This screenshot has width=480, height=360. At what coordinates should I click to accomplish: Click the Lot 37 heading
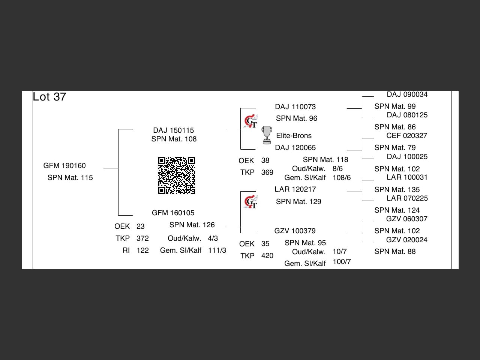(49, 97)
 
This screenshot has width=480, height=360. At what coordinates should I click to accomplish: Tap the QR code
(177, 175)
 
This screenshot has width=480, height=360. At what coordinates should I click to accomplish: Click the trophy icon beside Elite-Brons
(267, 135)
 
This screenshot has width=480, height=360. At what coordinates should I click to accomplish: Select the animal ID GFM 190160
(64, 166)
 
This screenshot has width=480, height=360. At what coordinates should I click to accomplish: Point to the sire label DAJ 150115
(174, 130)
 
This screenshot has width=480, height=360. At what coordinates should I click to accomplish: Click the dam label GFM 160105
(173, 213)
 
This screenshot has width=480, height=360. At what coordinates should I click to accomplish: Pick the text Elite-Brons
(294, 136)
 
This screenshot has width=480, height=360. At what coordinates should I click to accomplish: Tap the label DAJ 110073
(295, 107)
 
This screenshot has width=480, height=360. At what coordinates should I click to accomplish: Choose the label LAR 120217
(295, 189)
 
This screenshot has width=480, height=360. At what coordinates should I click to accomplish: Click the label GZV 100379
(295, 231)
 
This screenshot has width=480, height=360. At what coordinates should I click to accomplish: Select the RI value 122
(142, 250)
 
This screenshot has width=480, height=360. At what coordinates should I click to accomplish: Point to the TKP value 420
(267, 256)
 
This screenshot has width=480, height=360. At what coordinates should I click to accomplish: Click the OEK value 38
(265, 160)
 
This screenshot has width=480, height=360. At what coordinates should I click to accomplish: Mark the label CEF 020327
(407, 136)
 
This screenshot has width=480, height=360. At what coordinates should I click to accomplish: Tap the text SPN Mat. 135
(397, 190)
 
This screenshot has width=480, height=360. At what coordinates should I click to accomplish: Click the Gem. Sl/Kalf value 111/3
(217, 250)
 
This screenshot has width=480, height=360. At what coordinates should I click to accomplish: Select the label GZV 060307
(407, 219)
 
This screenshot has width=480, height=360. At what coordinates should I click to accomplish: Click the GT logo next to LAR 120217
(250, 202)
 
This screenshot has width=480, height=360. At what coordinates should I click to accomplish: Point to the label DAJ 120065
(295, 148)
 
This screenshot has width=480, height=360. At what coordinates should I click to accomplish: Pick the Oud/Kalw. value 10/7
(340, 252)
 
